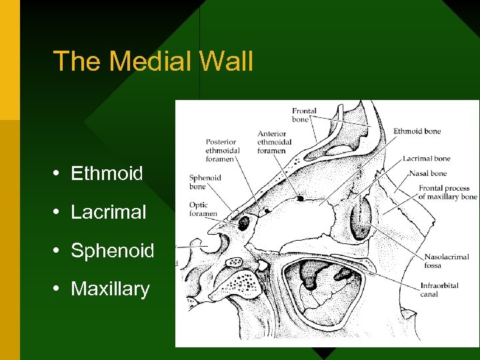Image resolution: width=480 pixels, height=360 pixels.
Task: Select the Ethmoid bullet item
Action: [107, 174]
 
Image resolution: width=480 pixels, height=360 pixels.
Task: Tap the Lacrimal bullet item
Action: [108, 213]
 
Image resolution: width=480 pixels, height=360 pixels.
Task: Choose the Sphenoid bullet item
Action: [112, 251]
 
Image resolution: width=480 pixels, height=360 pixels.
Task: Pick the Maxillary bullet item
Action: [110, 289]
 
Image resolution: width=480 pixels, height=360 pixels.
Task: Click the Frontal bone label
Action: [304, 115]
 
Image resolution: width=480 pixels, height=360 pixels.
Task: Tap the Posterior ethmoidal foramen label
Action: [221, 150]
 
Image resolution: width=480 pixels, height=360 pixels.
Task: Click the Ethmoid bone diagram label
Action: [417, 131]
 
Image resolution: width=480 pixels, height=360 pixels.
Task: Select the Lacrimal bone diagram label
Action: [427, 159]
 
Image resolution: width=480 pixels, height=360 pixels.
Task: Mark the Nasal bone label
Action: [428, 174]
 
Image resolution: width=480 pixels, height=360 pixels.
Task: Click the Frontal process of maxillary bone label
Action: [447, 193]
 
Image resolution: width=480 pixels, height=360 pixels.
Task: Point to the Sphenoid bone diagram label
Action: [205, 182]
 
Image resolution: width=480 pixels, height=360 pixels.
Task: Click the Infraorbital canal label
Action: [439, 290]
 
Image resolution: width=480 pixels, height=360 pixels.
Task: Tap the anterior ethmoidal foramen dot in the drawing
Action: [301, 198]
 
